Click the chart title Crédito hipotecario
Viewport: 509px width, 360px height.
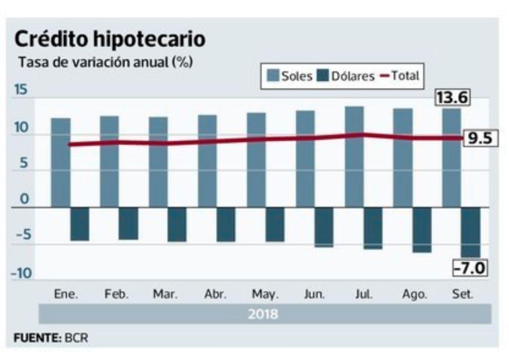coord(109,40)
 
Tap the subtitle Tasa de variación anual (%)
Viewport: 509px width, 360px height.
coord(105,62)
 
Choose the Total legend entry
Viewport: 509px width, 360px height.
coord(400,76)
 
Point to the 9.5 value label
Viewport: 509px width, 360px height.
coord(479,139)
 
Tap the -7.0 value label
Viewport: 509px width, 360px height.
coord(470,269)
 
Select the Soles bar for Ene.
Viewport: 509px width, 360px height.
coord(60,162)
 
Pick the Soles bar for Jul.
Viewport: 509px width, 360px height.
coord(354,157)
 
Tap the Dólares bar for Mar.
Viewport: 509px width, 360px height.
coord(177,224)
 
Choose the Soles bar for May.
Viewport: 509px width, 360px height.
coord(256,160)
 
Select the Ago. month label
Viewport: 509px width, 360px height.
coord(411,294)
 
